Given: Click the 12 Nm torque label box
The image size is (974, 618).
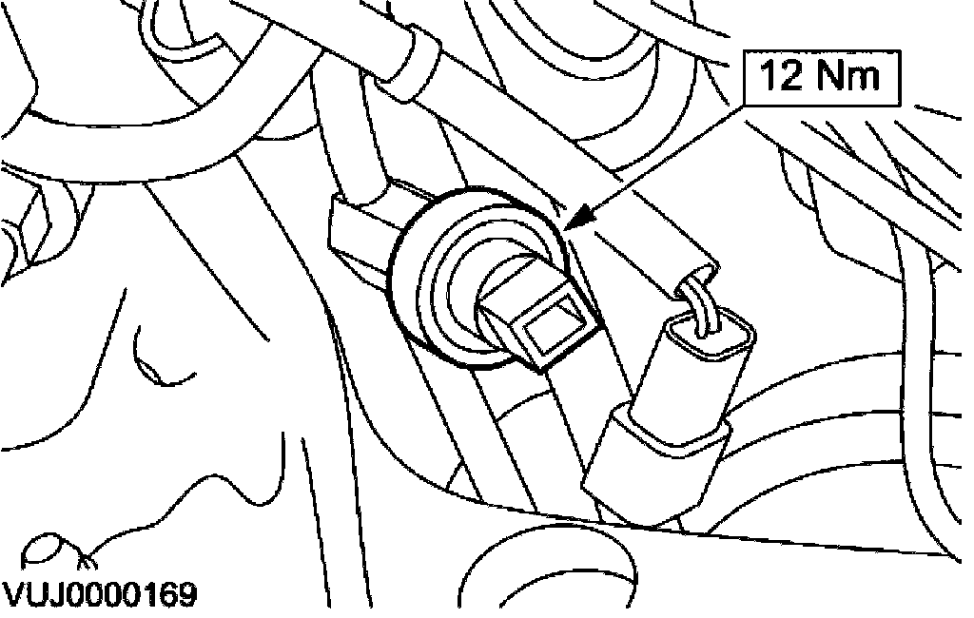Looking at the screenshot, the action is pos(821,76).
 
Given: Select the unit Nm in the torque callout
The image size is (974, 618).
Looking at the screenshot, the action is pos(849,77).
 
